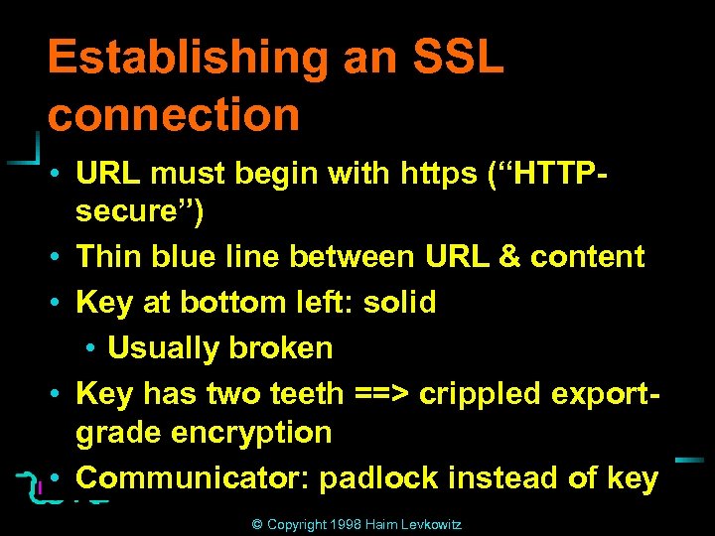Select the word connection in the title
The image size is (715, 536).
click(174, 114)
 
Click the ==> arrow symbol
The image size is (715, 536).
click(382, 394)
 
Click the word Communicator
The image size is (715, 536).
click(195, 478)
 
